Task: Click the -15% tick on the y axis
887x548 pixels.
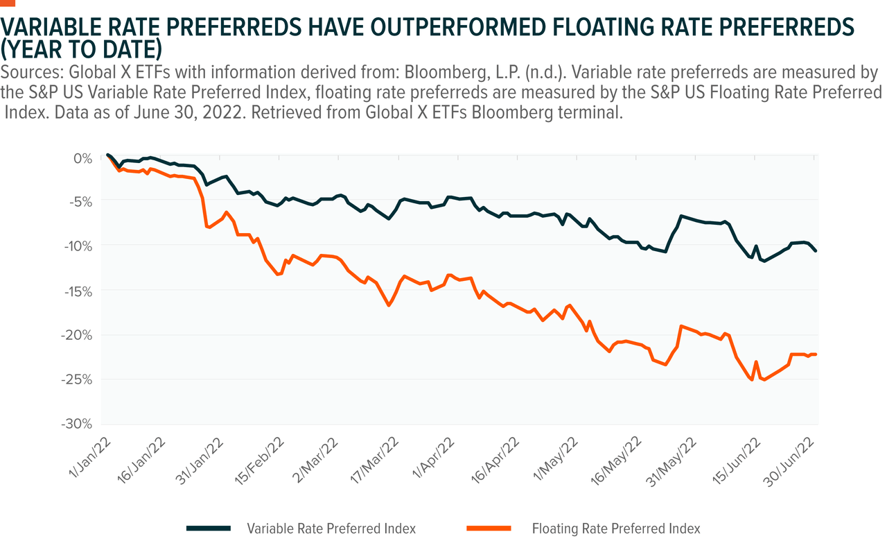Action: point(82,291)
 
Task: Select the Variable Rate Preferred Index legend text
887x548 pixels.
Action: point(331,529)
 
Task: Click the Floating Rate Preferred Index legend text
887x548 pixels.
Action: point(616,529)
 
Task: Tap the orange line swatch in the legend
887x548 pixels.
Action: point(491,529)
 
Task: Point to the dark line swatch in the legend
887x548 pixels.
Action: point(209,529)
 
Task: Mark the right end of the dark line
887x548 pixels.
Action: point(816,250)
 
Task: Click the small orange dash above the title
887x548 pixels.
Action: point(8,2)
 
